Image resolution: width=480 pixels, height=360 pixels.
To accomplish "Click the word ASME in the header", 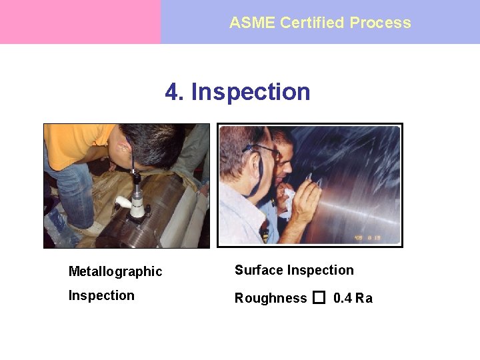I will coord(252,23).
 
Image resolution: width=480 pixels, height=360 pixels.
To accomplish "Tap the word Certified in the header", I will coord(312,23).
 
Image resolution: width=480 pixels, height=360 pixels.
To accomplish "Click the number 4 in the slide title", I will coord(173,91).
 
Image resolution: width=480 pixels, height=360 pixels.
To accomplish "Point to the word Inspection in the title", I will coord(251,91).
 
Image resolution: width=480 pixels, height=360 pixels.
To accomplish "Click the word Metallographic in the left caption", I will coord(115,271).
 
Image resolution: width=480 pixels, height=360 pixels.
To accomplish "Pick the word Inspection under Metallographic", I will coord(101,295).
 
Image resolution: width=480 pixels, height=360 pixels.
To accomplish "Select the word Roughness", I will coord(271,298).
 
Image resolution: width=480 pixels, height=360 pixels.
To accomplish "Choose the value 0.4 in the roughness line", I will coord(343,298).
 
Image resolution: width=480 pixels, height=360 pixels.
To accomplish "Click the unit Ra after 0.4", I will coord(364,298).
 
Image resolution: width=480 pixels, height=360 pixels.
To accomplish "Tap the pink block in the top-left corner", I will coord(80,22).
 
